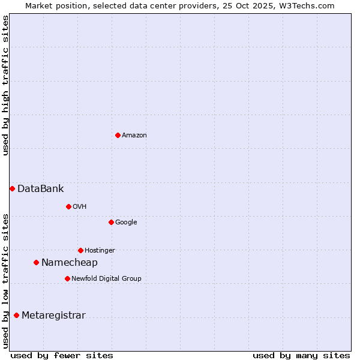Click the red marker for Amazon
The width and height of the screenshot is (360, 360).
click(118, 135)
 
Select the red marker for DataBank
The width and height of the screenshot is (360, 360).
click(12, 188)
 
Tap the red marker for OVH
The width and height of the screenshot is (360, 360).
click(68, 206)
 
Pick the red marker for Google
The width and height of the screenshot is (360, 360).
click(111, 222)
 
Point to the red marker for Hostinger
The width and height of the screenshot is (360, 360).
click(80, 250)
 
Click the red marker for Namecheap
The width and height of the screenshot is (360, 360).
click(36, 262)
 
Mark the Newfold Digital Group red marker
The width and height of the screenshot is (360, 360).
click(67, 278)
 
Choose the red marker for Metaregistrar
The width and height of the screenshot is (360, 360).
click(16, 315)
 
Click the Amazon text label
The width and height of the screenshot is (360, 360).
click(134, 136)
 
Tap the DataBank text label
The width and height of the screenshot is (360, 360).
click(41, 189)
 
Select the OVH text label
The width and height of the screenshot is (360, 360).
click(80, 207)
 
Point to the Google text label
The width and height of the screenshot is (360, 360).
click(126, 223)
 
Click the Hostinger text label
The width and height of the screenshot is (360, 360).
click(100, 251)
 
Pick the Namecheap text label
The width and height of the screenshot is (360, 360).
click(70, 263)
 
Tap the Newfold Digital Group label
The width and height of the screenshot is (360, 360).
click(106, 279)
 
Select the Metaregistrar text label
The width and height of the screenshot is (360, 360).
click(53, 316)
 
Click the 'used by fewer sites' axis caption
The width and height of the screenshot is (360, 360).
click(62, 355)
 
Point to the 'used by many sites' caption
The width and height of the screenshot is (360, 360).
click(301, 355)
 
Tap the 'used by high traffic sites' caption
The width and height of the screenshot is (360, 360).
click(6, 86)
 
